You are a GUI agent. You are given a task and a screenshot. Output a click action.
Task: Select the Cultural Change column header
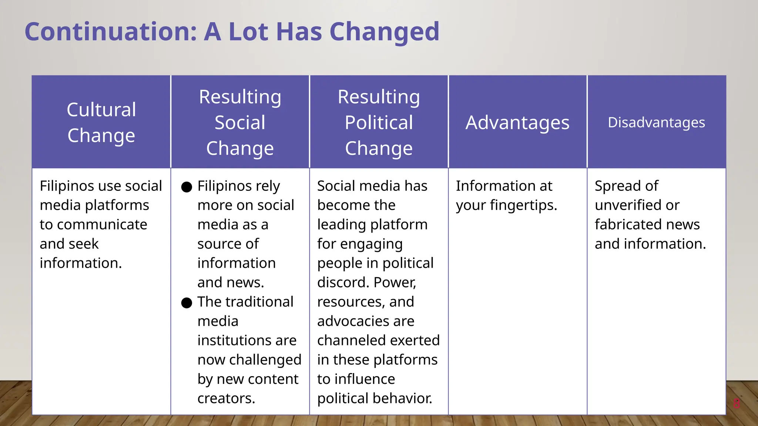pos(101,122)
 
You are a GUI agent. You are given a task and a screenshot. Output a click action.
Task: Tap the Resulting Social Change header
pos(240,122)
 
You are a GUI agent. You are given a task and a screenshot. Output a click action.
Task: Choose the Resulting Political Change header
pos(379,122)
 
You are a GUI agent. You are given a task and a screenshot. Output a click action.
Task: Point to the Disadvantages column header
pos(656,122)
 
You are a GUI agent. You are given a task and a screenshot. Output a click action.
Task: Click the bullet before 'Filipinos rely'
pos(187,187)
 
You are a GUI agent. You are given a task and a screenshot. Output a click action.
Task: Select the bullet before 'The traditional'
pos(187,303)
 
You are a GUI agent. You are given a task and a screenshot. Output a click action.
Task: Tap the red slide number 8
pos(737,403)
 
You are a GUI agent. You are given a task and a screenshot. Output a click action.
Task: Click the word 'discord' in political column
pos(343,283)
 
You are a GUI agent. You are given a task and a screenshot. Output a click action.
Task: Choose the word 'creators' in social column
pos(225,398)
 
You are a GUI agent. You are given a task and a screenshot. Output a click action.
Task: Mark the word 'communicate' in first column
pos(102,224)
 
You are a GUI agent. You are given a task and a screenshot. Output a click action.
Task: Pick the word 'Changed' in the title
pos(384,32)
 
